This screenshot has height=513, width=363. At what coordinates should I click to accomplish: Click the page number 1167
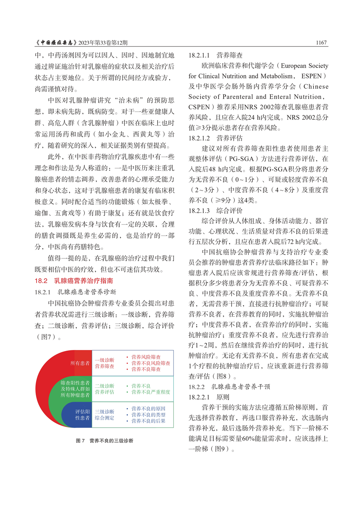tap(321, 43)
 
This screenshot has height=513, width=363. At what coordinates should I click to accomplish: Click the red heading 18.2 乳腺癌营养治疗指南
tap(74, 281)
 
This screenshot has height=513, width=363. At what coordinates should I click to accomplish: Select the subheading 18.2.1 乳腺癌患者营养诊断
tap(75, 292)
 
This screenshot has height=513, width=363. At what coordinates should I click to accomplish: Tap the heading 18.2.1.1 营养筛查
tap(215, 55)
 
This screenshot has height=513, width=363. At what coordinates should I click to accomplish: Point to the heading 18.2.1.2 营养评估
tap(215, 138)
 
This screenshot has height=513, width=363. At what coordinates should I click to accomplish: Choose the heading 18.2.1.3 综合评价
tap(215, 211)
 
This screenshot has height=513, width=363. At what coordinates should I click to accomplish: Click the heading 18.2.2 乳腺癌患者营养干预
tap(229, 387)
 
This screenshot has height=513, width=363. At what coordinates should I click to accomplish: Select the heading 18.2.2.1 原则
tap(209, 397)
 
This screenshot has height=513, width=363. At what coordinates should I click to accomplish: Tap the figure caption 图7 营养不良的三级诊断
tap(104, 441)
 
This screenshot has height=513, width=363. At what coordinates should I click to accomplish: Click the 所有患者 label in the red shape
tap(80, 363)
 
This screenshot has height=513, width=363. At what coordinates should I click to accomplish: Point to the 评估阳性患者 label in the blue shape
tap(82, 415)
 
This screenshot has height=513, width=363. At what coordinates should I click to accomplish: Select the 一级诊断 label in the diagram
tap(104, 360)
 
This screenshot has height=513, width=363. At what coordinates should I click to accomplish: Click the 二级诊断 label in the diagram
tap(104, 386)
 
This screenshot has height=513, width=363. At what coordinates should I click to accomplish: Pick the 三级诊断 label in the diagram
tap(104, 412)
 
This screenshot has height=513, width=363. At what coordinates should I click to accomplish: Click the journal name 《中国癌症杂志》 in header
tap(56, 43)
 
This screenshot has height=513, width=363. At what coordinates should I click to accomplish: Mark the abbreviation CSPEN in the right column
tap(199, 107)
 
